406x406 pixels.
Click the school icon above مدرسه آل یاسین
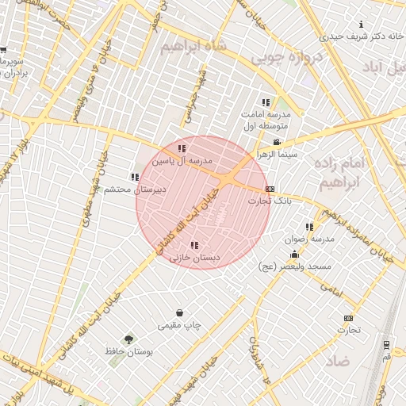pos(182,148)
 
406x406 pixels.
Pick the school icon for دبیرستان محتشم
pos(134,177)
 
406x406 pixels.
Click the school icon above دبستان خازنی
pos(195,245)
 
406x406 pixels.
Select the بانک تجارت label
pos(270,201)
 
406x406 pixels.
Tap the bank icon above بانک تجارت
pos(270,190)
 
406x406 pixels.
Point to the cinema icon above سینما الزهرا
pos(277,143)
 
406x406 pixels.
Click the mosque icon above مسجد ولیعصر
pos(295,255)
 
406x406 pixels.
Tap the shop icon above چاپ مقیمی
pos(180,313)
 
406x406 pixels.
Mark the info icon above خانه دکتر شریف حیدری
pos(362,25)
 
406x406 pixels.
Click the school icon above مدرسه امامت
pos(266,102)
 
